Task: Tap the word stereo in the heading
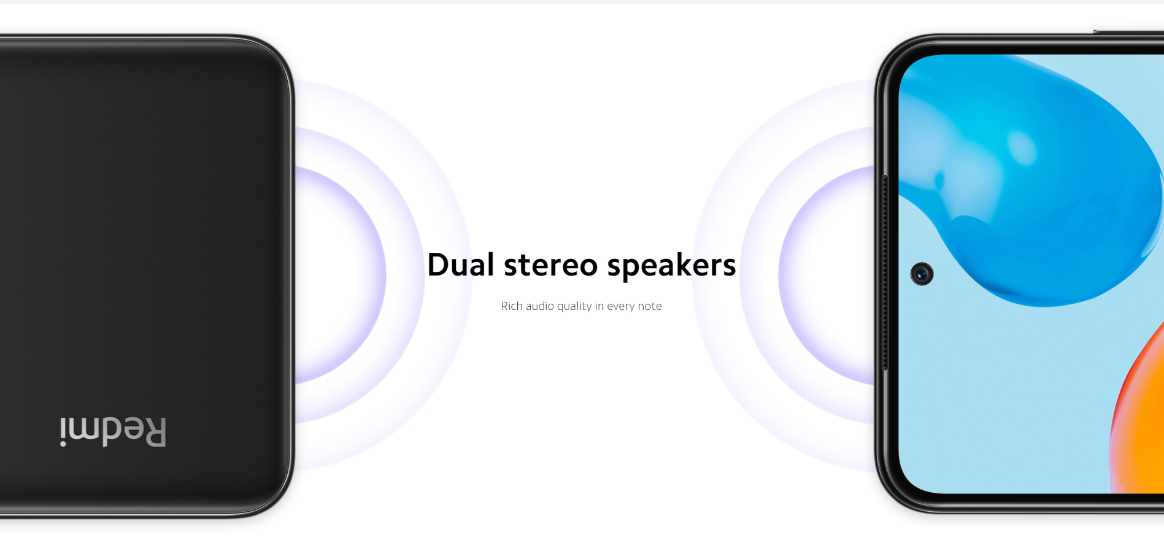tap(550, 266)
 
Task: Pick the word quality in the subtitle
tap(574, 306)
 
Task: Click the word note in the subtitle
tap(650, 306)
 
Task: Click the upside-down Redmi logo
tap(113, 432)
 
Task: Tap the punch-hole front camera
tap(922, 274)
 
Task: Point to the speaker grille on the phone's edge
tap(885, 273)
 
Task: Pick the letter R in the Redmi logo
tap(154, 432)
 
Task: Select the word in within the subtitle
tap(599, 306)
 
